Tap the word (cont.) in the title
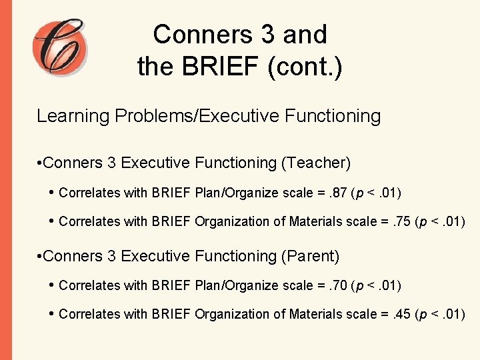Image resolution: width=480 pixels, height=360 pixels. (308, 66)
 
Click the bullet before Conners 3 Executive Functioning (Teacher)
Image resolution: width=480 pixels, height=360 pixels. (40, 163)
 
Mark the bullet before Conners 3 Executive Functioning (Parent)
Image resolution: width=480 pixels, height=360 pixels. (40, 257)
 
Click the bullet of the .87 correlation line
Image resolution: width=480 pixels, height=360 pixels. (52, 193)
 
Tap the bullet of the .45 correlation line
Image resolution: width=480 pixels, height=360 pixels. (52, 314)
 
